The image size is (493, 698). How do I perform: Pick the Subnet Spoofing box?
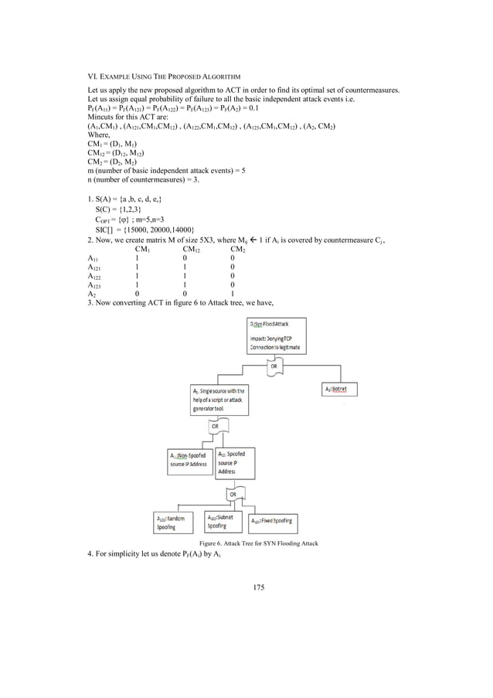pos(223,521)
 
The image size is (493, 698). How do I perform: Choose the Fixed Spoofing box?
pos(272,523)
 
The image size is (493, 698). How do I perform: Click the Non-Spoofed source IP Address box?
pos(189,459)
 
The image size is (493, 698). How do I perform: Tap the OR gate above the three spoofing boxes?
pos(232,492)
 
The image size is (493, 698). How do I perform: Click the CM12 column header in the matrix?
pos(191,249)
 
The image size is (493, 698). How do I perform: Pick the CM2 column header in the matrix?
pos(237,249)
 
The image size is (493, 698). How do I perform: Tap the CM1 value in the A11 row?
pos(137,258)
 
